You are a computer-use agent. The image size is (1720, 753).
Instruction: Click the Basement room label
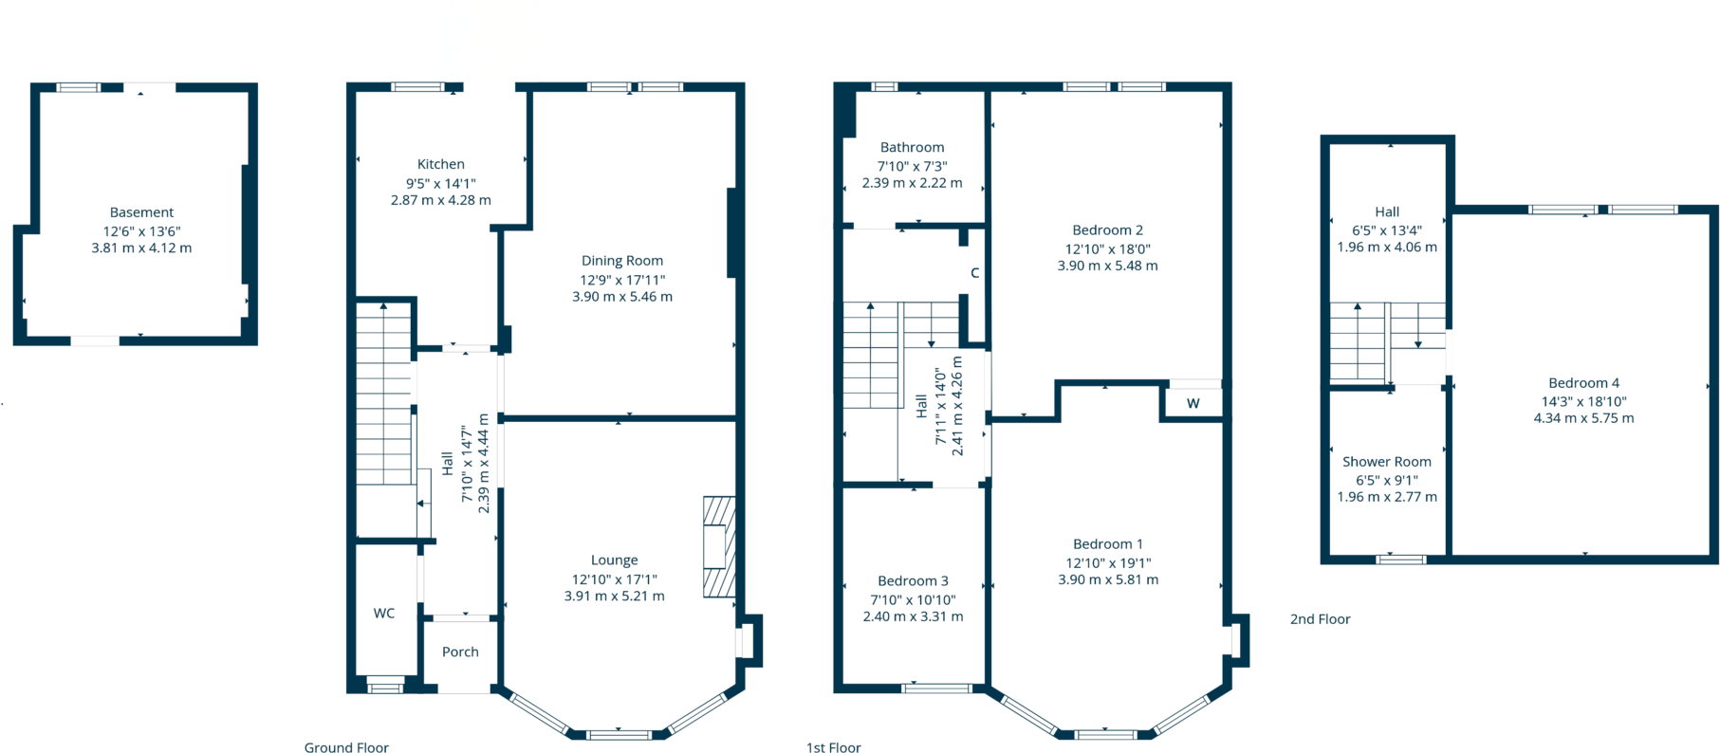tap(141, 212)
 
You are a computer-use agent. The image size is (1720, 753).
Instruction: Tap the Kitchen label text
tap(441, 164)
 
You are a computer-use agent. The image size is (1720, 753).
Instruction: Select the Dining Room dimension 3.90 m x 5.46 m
tap(622, 297)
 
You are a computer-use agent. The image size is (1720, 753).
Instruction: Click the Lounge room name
tap(614, 560)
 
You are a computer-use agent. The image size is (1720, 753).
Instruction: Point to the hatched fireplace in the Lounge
tap(719, 547)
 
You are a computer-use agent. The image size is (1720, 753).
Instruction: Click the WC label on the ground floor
tap(384, 614)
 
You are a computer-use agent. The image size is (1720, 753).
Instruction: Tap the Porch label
tap(460, 652)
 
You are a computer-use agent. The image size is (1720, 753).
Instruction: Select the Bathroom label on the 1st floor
tap(912, 147)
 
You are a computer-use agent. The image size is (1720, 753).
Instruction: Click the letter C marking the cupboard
tap(974, 273)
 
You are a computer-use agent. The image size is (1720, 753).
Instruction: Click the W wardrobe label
tap(1193, 404)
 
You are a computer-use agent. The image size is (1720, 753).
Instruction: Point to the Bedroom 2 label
tap(1107, 230)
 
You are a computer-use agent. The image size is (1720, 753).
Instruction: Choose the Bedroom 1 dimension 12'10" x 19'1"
tap(1108, 562)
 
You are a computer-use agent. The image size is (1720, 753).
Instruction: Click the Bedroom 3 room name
tap(913, 581)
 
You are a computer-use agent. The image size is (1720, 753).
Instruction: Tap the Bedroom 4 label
tap(1583, 383)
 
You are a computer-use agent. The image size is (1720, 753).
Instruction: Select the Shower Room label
tap(1386, 462)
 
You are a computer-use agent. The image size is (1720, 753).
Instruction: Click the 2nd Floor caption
tap(1320, 619)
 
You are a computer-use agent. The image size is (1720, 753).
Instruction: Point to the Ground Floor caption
tap(346, 748)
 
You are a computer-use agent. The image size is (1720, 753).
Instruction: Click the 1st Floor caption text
tap(833, 748)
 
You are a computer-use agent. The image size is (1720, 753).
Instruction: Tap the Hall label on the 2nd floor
tap(1387, 212)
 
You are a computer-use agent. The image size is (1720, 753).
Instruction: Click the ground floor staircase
tap(384, 398)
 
